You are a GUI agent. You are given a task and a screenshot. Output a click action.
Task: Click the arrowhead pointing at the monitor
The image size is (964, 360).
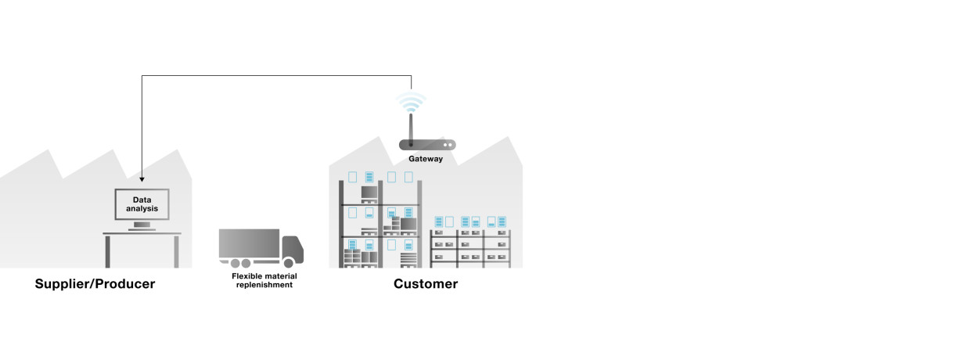(142, 176)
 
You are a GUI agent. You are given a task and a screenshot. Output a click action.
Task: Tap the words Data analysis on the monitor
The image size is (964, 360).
(142, 203)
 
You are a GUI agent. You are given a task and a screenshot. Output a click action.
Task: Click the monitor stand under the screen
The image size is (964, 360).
(142, 226)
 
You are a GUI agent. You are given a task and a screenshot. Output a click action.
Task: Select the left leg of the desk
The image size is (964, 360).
(107, 250)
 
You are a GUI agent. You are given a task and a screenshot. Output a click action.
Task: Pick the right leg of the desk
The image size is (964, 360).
(176, 250)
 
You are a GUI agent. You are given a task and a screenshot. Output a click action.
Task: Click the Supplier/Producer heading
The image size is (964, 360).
(95, 284)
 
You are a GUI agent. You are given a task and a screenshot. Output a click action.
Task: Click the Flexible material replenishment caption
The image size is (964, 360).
(264, 280)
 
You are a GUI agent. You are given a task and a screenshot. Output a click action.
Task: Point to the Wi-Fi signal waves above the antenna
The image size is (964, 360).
(411, 102)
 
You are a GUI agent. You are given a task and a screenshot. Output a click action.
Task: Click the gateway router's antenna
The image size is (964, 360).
(411, 128)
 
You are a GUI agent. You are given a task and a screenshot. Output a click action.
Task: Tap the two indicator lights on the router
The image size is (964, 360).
(448, 145)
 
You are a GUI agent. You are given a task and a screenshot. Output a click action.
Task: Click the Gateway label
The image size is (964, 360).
(426, 159)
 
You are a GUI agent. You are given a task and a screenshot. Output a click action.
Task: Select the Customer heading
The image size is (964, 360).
(426, 284)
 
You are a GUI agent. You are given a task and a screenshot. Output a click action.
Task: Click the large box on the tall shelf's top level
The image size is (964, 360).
(369, 193)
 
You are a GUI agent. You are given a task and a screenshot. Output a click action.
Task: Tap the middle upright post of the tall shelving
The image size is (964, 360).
(381, 227)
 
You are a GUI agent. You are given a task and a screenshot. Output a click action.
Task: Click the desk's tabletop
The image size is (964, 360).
(142, 233)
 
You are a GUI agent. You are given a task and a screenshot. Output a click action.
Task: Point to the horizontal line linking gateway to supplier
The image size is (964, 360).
(274, 76)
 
